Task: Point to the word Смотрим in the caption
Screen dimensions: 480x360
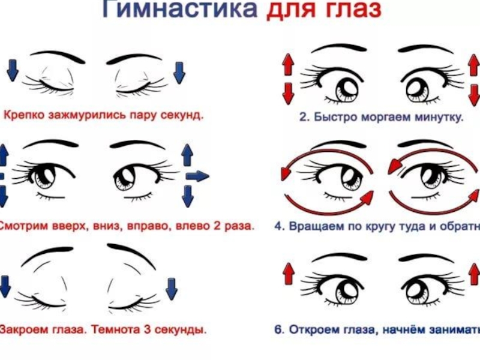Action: pyautogui.click(x=22, y=227)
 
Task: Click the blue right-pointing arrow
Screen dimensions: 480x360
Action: pyautogui.click(x=197, y=176)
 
